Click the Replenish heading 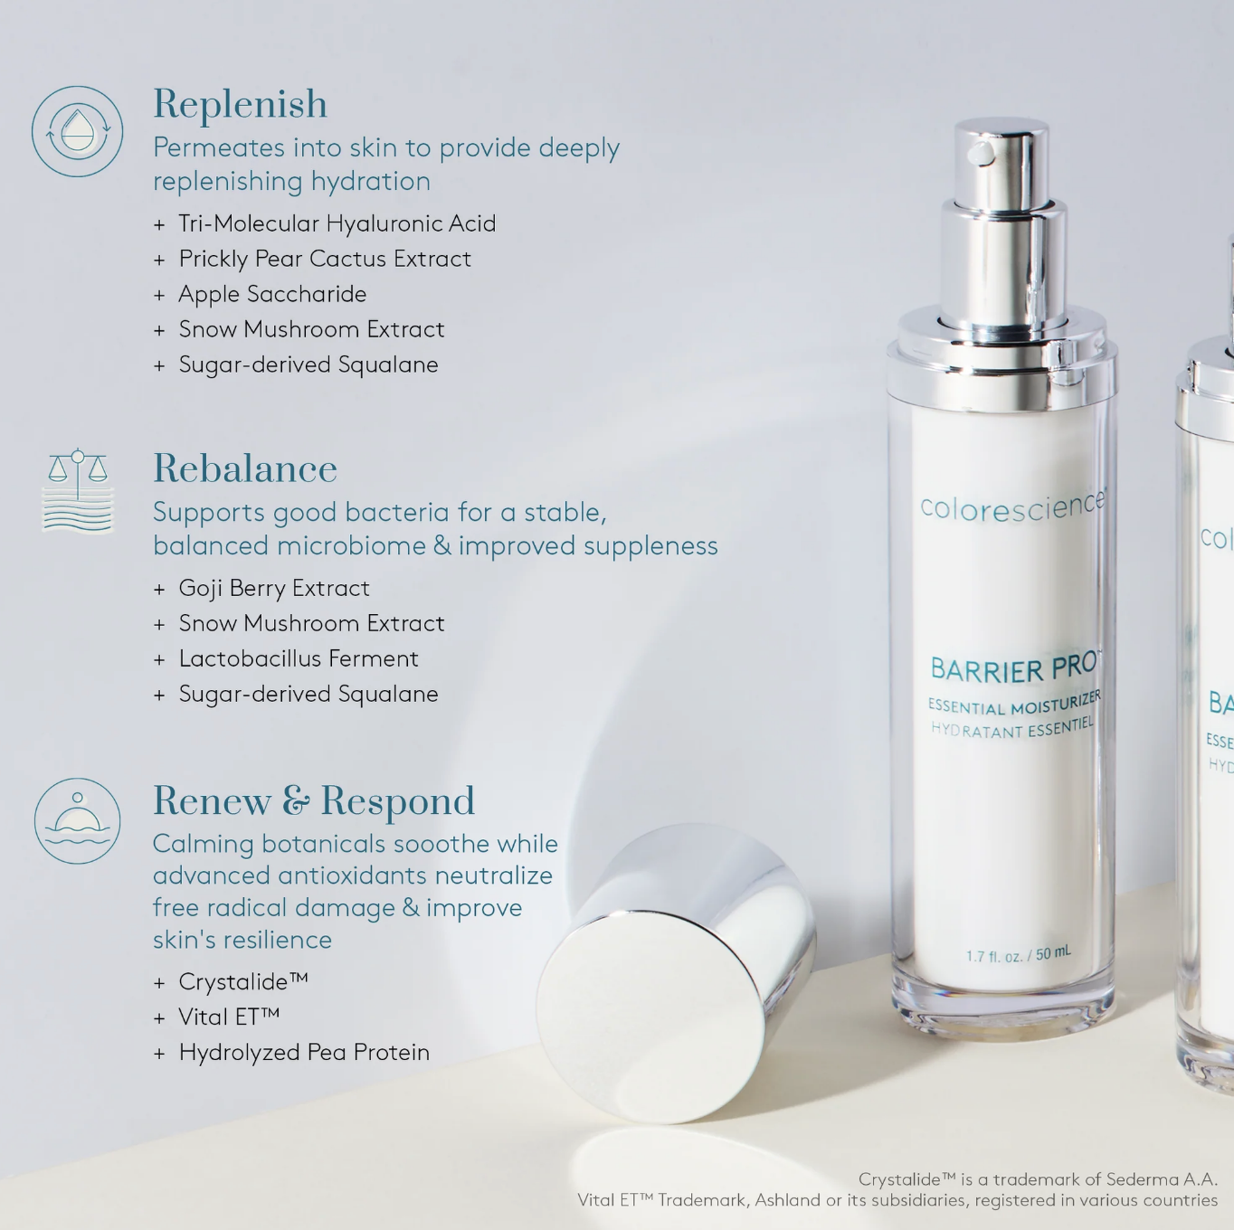[240, 104]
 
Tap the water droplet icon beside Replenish [78, 131]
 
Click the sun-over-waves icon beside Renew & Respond [78, 821]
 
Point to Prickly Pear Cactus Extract [324, 259]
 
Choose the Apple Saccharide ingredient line [271, 294]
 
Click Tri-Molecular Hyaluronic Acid [337, 223]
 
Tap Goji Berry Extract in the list [273, 588]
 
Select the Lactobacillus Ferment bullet [298, 658]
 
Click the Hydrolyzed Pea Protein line [303, 1052]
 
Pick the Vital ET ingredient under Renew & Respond [228, 1017]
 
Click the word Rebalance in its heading [244, 468]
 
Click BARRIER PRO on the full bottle [1013, 668]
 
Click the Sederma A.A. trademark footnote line [1037, 1179]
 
